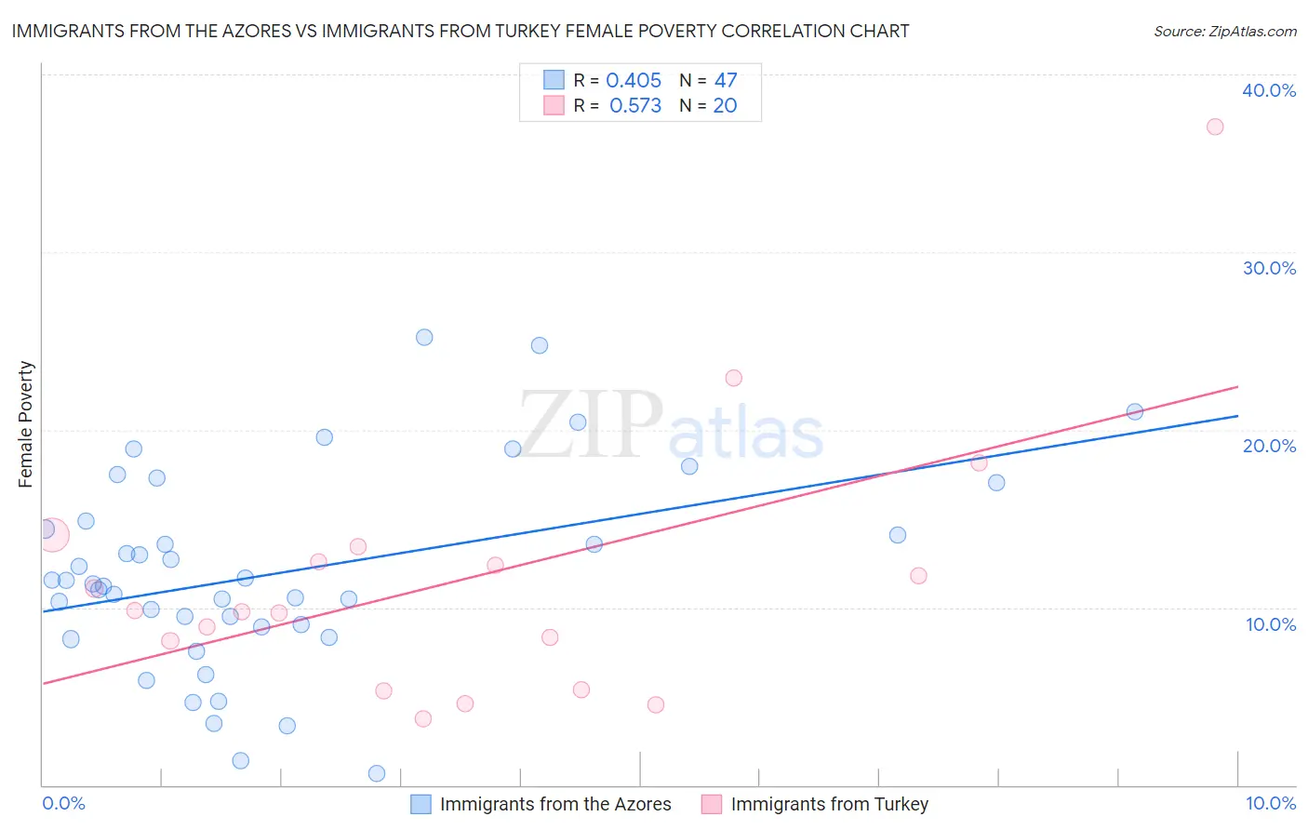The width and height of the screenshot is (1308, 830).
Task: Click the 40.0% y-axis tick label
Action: (x=1269, y=90)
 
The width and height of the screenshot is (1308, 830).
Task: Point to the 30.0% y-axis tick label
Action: (x=1269, y=268)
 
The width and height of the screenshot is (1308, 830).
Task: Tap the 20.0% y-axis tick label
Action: (x=1269, y=446)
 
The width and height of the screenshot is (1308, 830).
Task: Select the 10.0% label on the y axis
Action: (x=1271, y=624)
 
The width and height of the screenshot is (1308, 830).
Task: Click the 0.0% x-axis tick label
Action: (x=64, y=803)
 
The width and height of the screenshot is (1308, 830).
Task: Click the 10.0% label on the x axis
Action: (x=1271, y=803)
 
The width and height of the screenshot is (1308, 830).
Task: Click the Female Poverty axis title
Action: (x=26, y=424)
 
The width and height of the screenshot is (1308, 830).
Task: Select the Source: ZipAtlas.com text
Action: (x=1225, y=32)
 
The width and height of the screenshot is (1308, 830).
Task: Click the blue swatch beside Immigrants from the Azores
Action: (x=420, y=804)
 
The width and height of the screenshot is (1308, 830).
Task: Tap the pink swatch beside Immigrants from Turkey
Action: (x=712, y=804)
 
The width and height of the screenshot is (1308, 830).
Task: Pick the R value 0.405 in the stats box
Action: (x=634, y=81)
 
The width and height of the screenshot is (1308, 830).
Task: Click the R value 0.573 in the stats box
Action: (x=635, y=106)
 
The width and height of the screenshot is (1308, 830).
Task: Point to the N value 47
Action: (x=726, y=81)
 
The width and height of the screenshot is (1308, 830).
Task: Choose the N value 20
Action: (x=725, y=106)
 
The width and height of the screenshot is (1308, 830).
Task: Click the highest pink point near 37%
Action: (x=1215, y=127)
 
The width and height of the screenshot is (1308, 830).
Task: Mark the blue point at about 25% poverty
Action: (x=424, y=338)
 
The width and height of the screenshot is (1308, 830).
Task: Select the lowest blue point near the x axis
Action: (x=377, y=773)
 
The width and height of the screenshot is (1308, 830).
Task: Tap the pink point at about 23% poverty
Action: (x=734, y=378)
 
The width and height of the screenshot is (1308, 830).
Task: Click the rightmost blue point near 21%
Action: (x=1135, y=411)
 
